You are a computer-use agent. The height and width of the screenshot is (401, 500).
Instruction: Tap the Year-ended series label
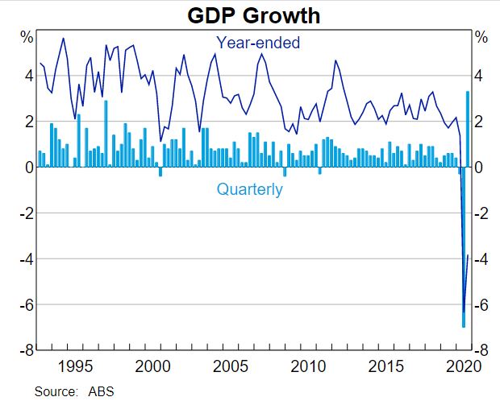pos(257,43)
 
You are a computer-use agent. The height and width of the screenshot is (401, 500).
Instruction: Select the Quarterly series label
pos(250,190)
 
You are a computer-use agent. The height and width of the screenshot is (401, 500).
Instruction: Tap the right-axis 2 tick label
pos(482,122)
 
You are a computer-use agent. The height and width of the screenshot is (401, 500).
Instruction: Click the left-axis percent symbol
pos(27,37)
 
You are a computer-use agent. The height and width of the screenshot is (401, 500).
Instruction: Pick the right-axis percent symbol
pos(481,37)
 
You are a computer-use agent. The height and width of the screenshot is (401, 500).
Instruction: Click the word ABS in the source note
pos(100,391)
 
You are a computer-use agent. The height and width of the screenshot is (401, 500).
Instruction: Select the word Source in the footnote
pos(53,391)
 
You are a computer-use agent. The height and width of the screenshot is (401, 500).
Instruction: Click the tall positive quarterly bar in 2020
pos(468,129)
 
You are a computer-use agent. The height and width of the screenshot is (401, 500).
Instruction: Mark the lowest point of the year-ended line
pos(464,313)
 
